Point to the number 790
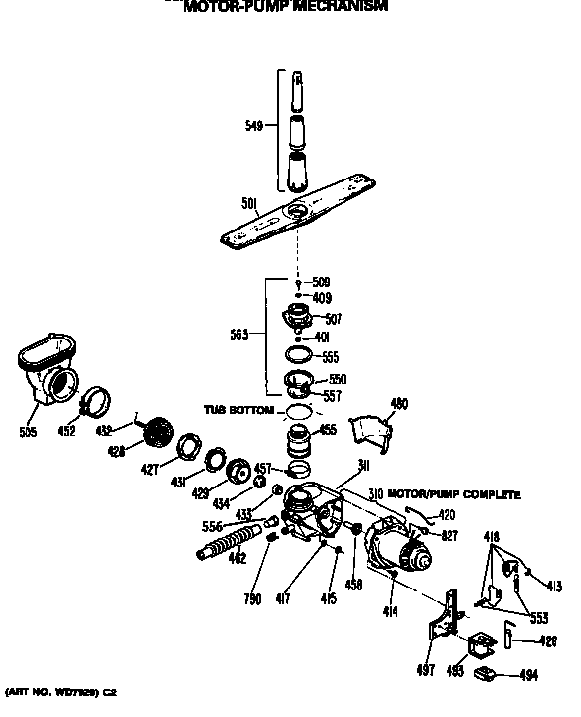point(253,599)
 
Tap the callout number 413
point(554,587)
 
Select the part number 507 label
point(333,319)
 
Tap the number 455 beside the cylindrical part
point(328,430)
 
